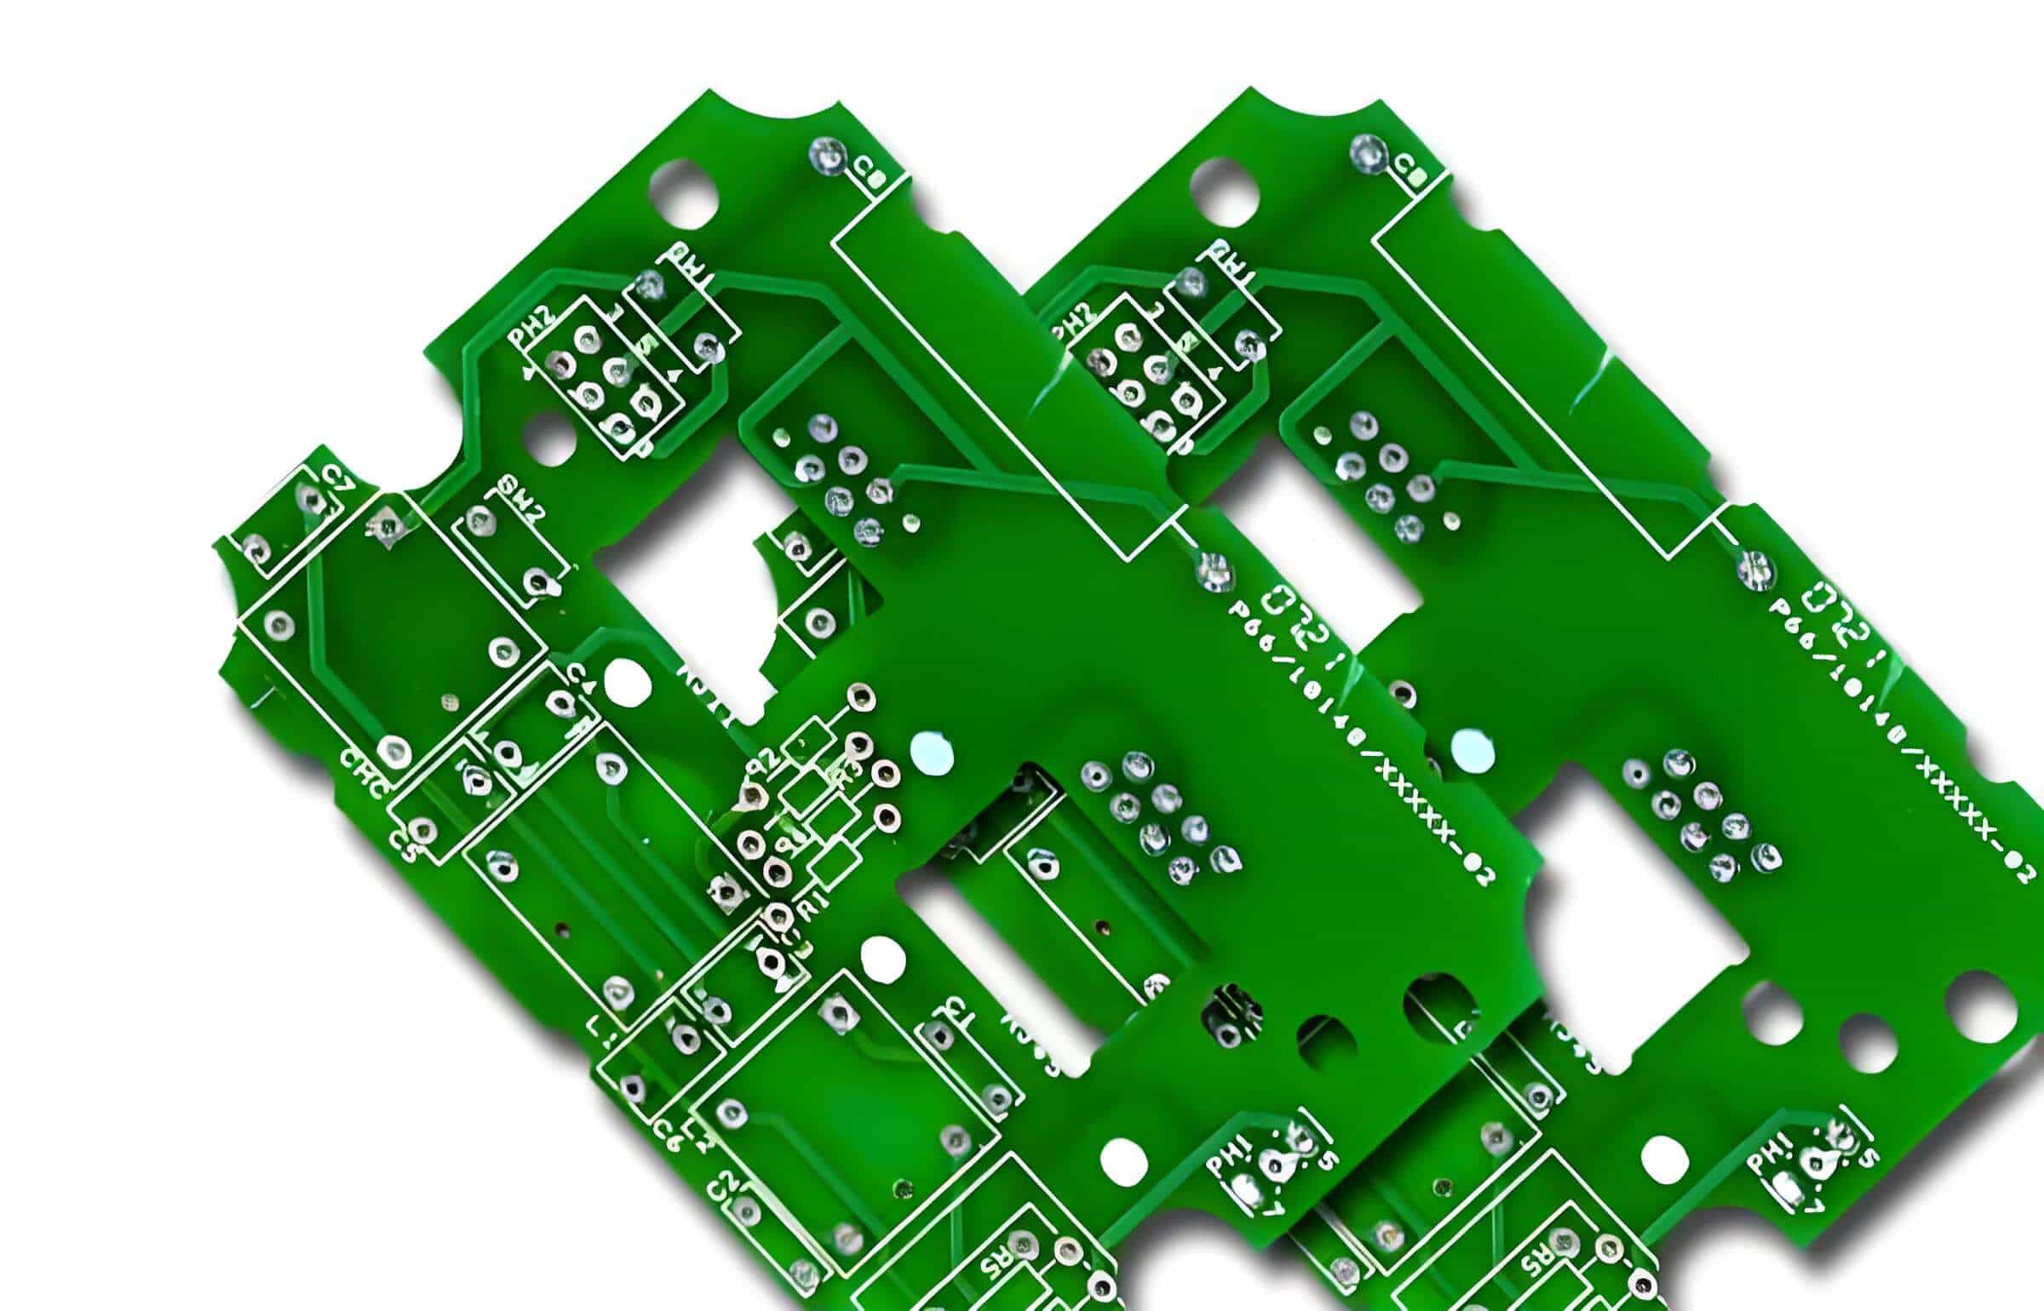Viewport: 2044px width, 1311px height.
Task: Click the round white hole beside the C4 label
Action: (x=626, y=684)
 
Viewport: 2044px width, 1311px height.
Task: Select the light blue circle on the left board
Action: (x=931, y=753)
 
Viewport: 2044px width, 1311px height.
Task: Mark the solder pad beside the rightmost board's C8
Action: (x=1369, y=154)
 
